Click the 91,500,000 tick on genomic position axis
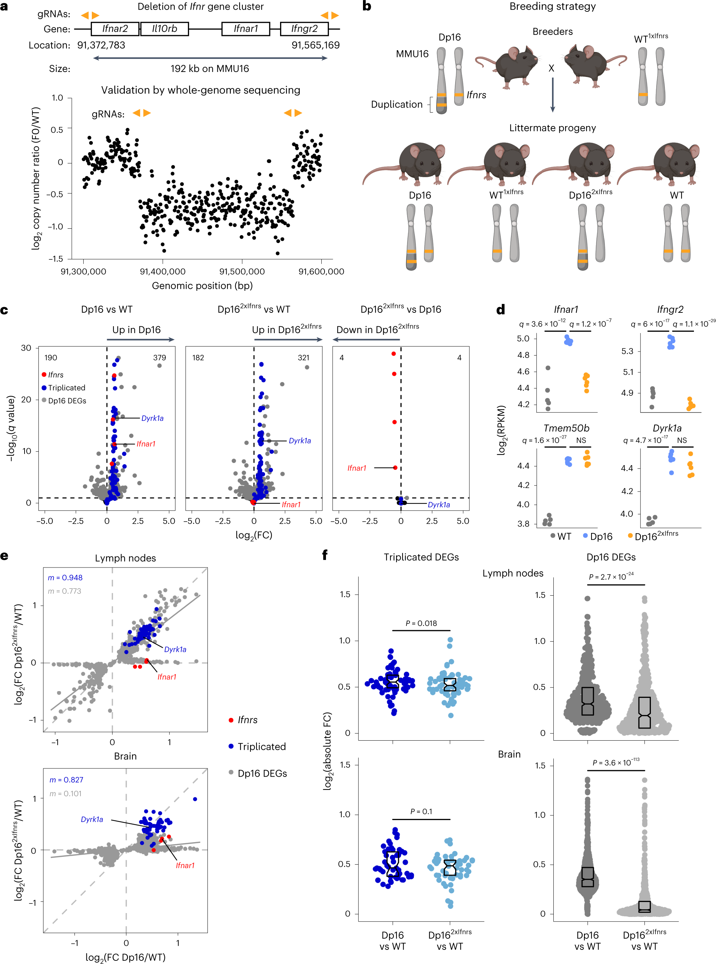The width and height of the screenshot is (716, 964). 242,271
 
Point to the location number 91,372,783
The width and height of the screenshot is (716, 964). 101,45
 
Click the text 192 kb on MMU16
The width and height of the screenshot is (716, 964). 209,68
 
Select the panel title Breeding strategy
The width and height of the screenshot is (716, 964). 552,6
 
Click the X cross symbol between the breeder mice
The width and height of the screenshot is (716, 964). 551,68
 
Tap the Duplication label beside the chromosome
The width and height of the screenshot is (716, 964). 396,104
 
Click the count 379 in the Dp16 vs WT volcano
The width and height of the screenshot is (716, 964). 159,357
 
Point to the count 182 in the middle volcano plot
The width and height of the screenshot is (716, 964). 198,357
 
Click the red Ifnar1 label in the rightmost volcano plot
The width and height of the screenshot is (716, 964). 357,468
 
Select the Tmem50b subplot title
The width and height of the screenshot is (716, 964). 566,428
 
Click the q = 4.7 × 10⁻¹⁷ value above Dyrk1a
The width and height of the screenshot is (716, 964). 645,440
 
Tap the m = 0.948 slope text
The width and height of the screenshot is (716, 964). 65,577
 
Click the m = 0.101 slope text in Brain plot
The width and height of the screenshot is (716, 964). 65,793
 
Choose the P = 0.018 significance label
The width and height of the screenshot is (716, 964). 421,623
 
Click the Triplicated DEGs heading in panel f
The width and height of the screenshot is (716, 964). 421,557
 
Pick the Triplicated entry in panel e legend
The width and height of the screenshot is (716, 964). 261,746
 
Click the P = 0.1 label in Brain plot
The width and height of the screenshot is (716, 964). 421,811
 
